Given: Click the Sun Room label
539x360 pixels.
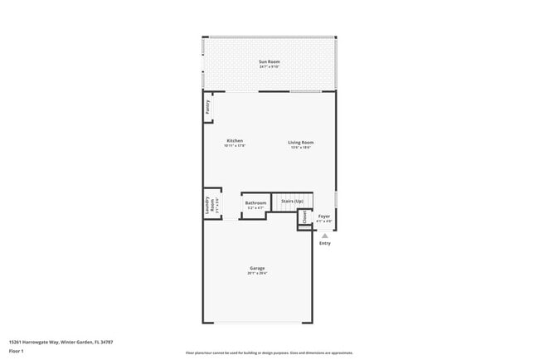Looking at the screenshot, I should point(269,61).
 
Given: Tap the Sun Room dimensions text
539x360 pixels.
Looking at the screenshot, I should point(269,66).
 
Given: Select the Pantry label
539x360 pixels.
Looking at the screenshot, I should point(207,107).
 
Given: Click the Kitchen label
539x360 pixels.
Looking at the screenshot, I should point(235,142).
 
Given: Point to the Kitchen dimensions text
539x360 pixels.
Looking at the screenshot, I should point(235,147).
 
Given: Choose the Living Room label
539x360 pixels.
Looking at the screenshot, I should point(300,142).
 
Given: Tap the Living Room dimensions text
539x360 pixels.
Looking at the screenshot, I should point(300,147).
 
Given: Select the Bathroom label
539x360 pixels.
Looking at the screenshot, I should point(255,202).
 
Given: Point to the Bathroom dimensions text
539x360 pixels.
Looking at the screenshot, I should point(255,207).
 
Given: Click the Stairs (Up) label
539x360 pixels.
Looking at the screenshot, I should point(292,201).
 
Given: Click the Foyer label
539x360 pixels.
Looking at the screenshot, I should point(324,216).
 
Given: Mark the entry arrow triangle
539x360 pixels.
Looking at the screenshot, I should point(324,236).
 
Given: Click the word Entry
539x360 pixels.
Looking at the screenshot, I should point(324,243).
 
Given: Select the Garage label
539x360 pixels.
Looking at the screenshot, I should point(258,268).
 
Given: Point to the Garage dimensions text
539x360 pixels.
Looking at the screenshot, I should point(258,273).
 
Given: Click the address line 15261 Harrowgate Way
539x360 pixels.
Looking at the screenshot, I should point(61,342).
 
